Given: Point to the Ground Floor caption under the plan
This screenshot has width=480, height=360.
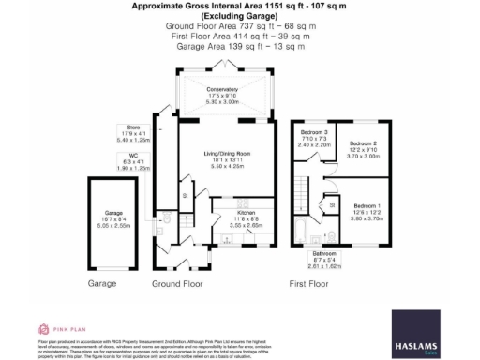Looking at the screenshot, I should (178, 282).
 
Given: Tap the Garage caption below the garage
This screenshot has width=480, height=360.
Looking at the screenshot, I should (101, 282).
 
